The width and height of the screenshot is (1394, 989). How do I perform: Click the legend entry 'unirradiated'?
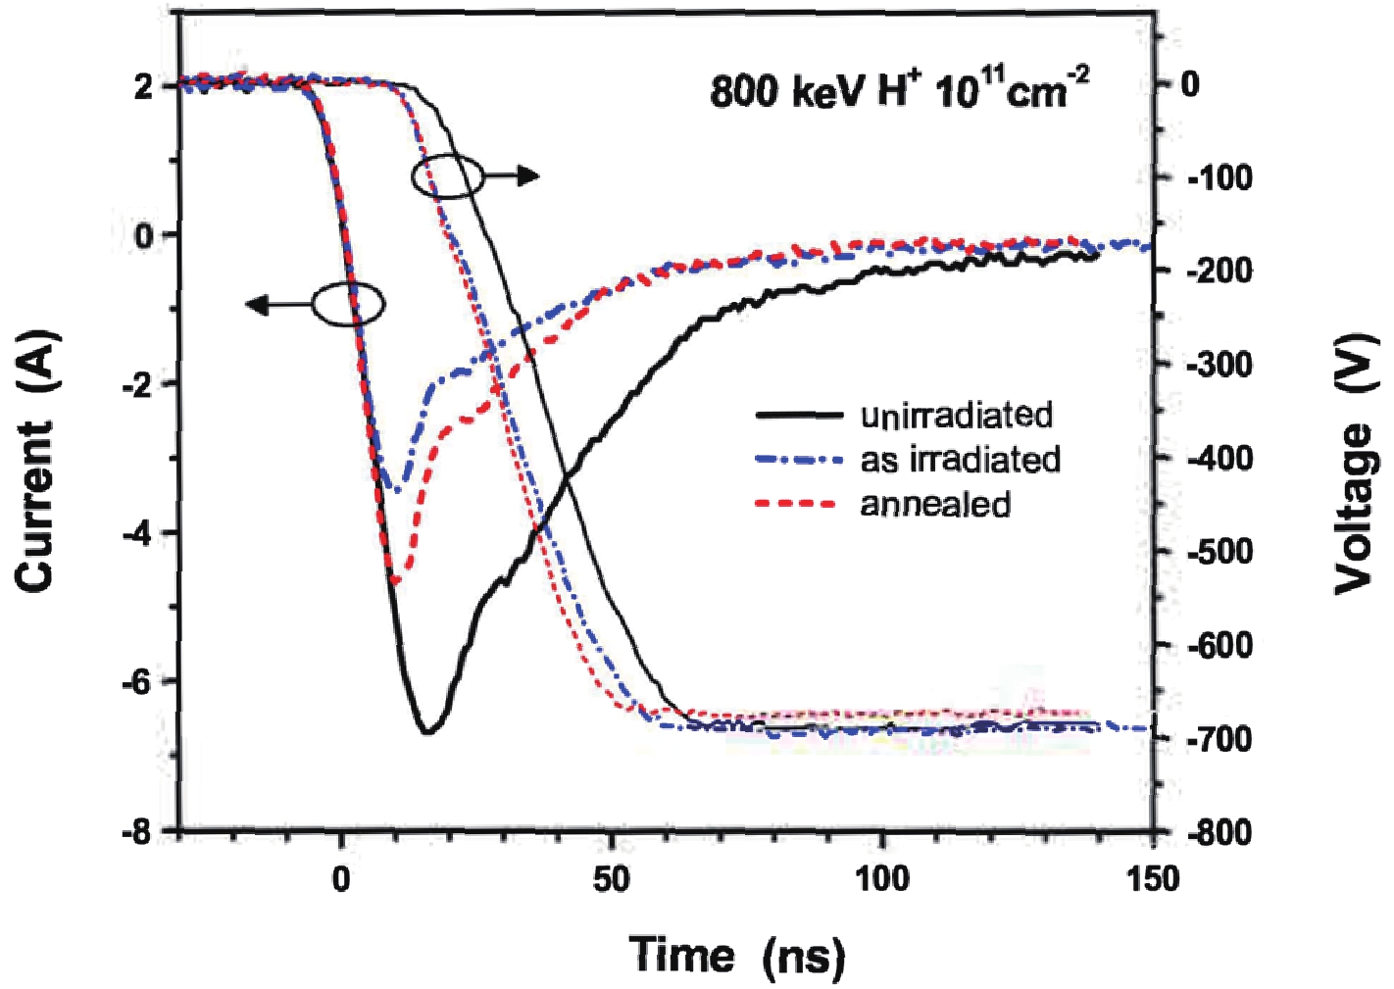(956, 416)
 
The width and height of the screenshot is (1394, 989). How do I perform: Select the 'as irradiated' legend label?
(960, 460)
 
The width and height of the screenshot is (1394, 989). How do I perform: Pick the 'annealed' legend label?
(935, 504)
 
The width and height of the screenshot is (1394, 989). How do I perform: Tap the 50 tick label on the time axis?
(611, 878)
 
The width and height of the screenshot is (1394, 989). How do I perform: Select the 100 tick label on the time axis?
(882, 878)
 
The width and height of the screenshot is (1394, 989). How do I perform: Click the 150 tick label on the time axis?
(1153, 878)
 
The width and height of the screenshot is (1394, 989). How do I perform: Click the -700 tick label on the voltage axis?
(1220, 738)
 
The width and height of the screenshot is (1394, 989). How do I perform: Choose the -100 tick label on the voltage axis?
(1220, 178)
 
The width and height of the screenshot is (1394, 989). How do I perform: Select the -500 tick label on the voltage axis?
(1220, 552)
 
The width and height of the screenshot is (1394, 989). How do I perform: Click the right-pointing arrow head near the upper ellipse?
(529, 176)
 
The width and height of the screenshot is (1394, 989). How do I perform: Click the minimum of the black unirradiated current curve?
(426, 731)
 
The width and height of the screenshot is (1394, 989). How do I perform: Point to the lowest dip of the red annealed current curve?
(397, 582)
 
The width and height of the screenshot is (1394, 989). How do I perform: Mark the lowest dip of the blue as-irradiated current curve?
(393, 487)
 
